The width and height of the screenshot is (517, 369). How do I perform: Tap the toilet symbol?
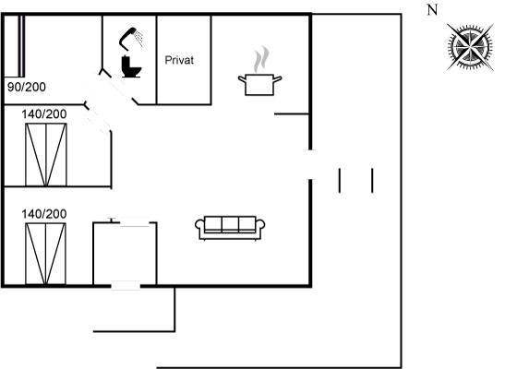(131, 66)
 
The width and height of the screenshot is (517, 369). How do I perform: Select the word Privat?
(179, 60)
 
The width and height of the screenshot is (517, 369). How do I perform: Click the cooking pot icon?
(259, 85)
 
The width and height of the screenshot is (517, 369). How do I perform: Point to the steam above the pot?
(261, 59)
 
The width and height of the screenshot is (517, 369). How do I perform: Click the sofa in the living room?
(230, 228)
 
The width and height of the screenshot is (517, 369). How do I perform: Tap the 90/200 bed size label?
(27, 87)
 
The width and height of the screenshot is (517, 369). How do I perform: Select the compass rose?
(470, 47)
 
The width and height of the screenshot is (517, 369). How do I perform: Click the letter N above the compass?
(432, 10)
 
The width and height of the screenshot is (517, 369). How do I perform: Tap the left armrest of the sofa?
(199, 226)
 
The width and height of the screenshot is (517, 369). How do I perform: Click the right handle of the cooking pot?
(278, 79)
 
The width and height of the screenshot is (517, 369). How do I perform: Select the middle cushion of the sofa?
(230, 225)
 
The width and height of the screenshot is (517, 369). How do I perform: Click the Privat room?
(184, 60)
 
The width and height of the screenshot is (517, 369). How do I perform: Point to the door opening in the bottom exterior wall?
(126, 285)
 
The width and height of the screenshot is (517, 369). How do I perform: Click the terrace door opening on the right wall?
(310, 165)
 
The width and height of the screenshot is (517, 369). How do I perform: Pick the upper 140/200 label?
(44, 114)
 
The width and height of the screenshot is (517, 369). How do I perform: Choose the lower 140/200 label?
(44, 214)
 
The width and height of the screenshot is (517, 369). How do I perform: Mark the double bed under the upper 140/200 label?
(46, 155)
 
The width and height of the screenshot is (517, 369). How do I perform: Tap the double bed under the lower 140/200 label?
(45, 254)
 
